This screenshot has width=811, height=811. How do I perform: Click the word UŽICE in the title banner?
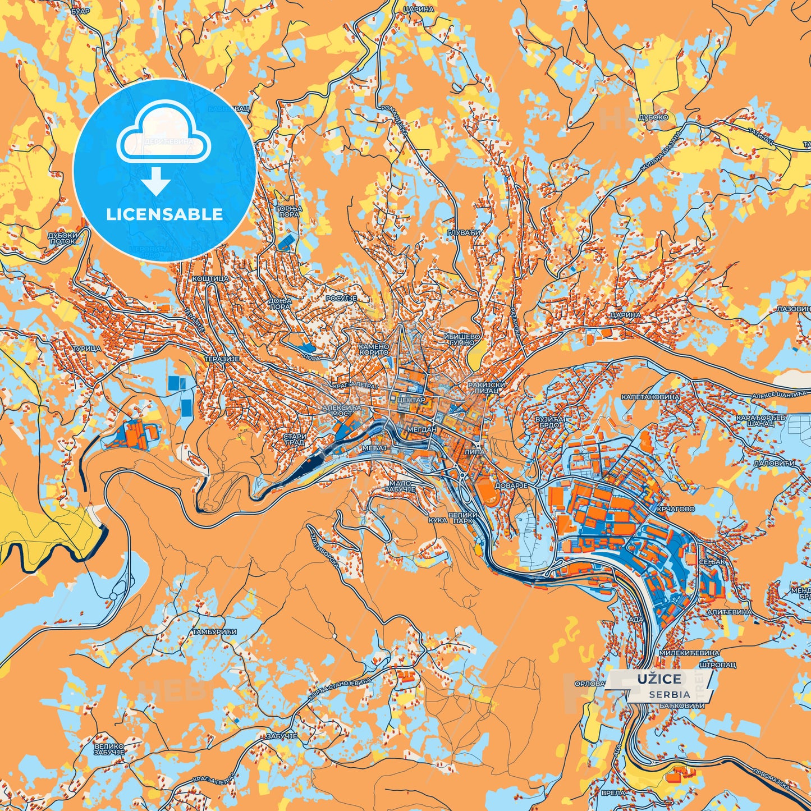[659, 679]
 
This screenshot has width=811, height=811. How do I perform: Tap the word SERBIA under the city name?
[670, 694]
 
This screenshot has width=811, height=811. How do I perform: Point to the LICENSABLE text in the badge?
[164, 214]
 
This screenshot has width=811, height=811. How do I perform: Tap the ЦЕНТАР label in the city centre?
[411, 400]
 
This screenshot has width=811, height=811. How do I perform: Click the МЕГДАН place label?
[421, 429]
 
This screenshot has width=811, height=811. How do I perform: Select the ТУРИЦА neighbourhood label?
[87, 349]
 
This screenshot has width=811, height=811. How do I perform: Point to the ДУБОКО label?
[653, 118]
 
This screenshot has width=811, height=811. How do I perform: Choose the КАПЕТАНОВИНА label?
[650, 397]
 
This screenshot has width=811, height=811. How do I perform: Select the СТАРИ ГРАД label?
[295, 439]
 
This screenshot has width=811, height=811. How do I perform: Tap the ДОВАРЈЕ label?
[511, 485]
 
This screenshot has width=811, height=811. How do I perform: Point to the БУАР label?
[81, 11]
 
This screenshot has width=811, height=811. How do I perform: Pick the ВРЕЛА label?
[612, 793]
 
